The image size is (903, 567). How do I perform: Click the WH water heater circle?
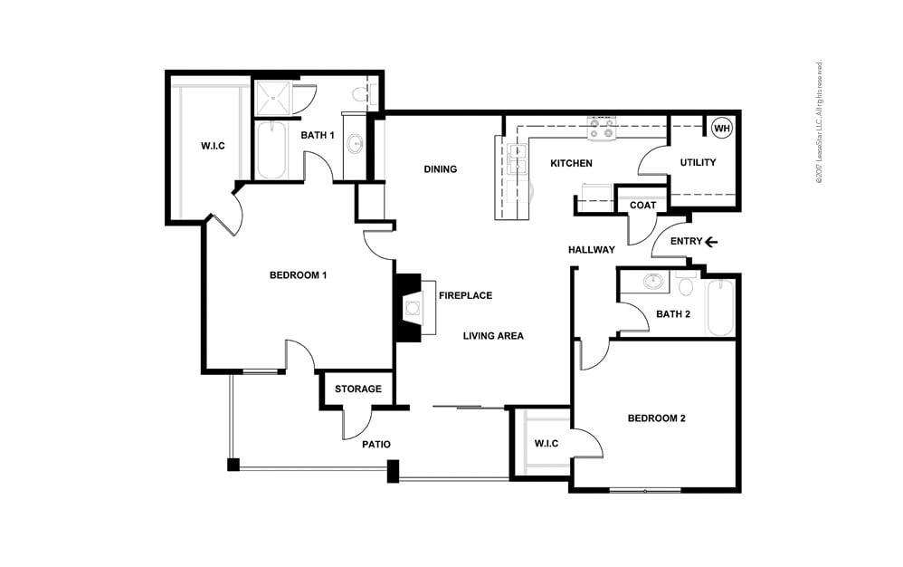point(721,129)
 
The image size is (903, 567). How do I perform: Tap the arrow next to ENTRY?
point(711,242)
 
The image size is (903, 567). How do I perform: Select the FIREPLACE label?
point(465,296)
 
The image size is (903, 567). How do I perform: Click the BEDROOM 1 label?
point(298,275)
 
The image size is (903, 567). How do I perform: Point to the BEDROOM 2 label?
point(657,418)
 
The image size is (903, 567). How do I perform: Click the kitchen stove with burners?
point(601,130)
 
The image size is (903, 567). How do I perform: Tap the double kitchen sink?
point(518,159)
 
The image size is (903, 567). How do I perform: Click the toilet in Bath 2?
point(685,286)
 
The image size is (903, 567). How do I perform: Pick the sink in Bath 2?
point(652,282)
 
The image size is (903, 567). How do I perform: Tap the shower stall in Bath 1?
point(272,98)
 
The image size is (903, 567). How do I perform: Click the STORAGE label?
point(357,389)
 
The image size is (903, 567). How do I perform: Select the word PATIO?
point(375,445)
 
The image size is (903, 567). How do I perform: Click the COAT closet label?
point(642,206)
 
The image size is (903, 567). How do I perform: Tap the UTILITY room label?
point(698,163)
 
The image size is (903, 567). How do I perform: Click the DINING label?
point(440,169)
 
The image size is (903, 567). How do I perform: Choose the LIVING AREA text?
point(493,336)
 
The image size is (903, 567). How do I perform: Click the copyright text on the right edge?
point(819,122)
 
